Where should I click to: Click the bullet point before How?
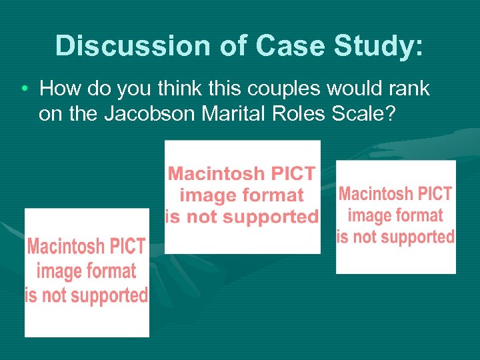pyautogui.click(x=23, y=89)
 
